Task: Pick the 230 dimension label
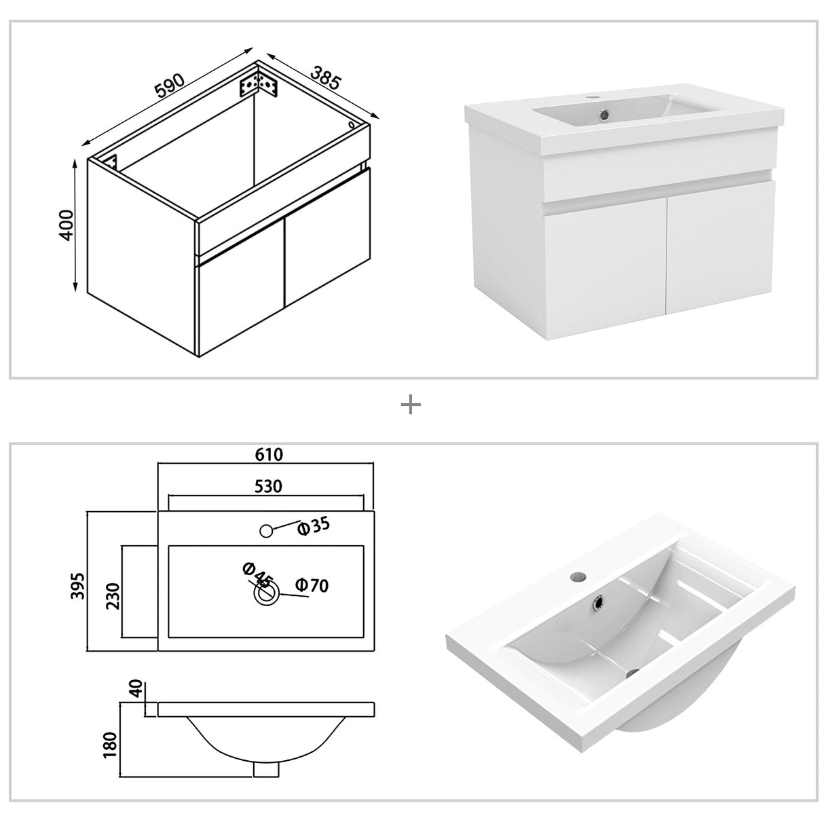112,596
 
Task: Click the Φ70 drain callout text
312,585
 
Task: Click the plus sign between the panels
411,405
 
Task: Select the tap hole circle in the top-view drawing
267,531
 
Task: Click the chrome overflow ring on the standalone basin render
599,601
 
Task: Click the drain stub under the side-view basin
266,768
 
